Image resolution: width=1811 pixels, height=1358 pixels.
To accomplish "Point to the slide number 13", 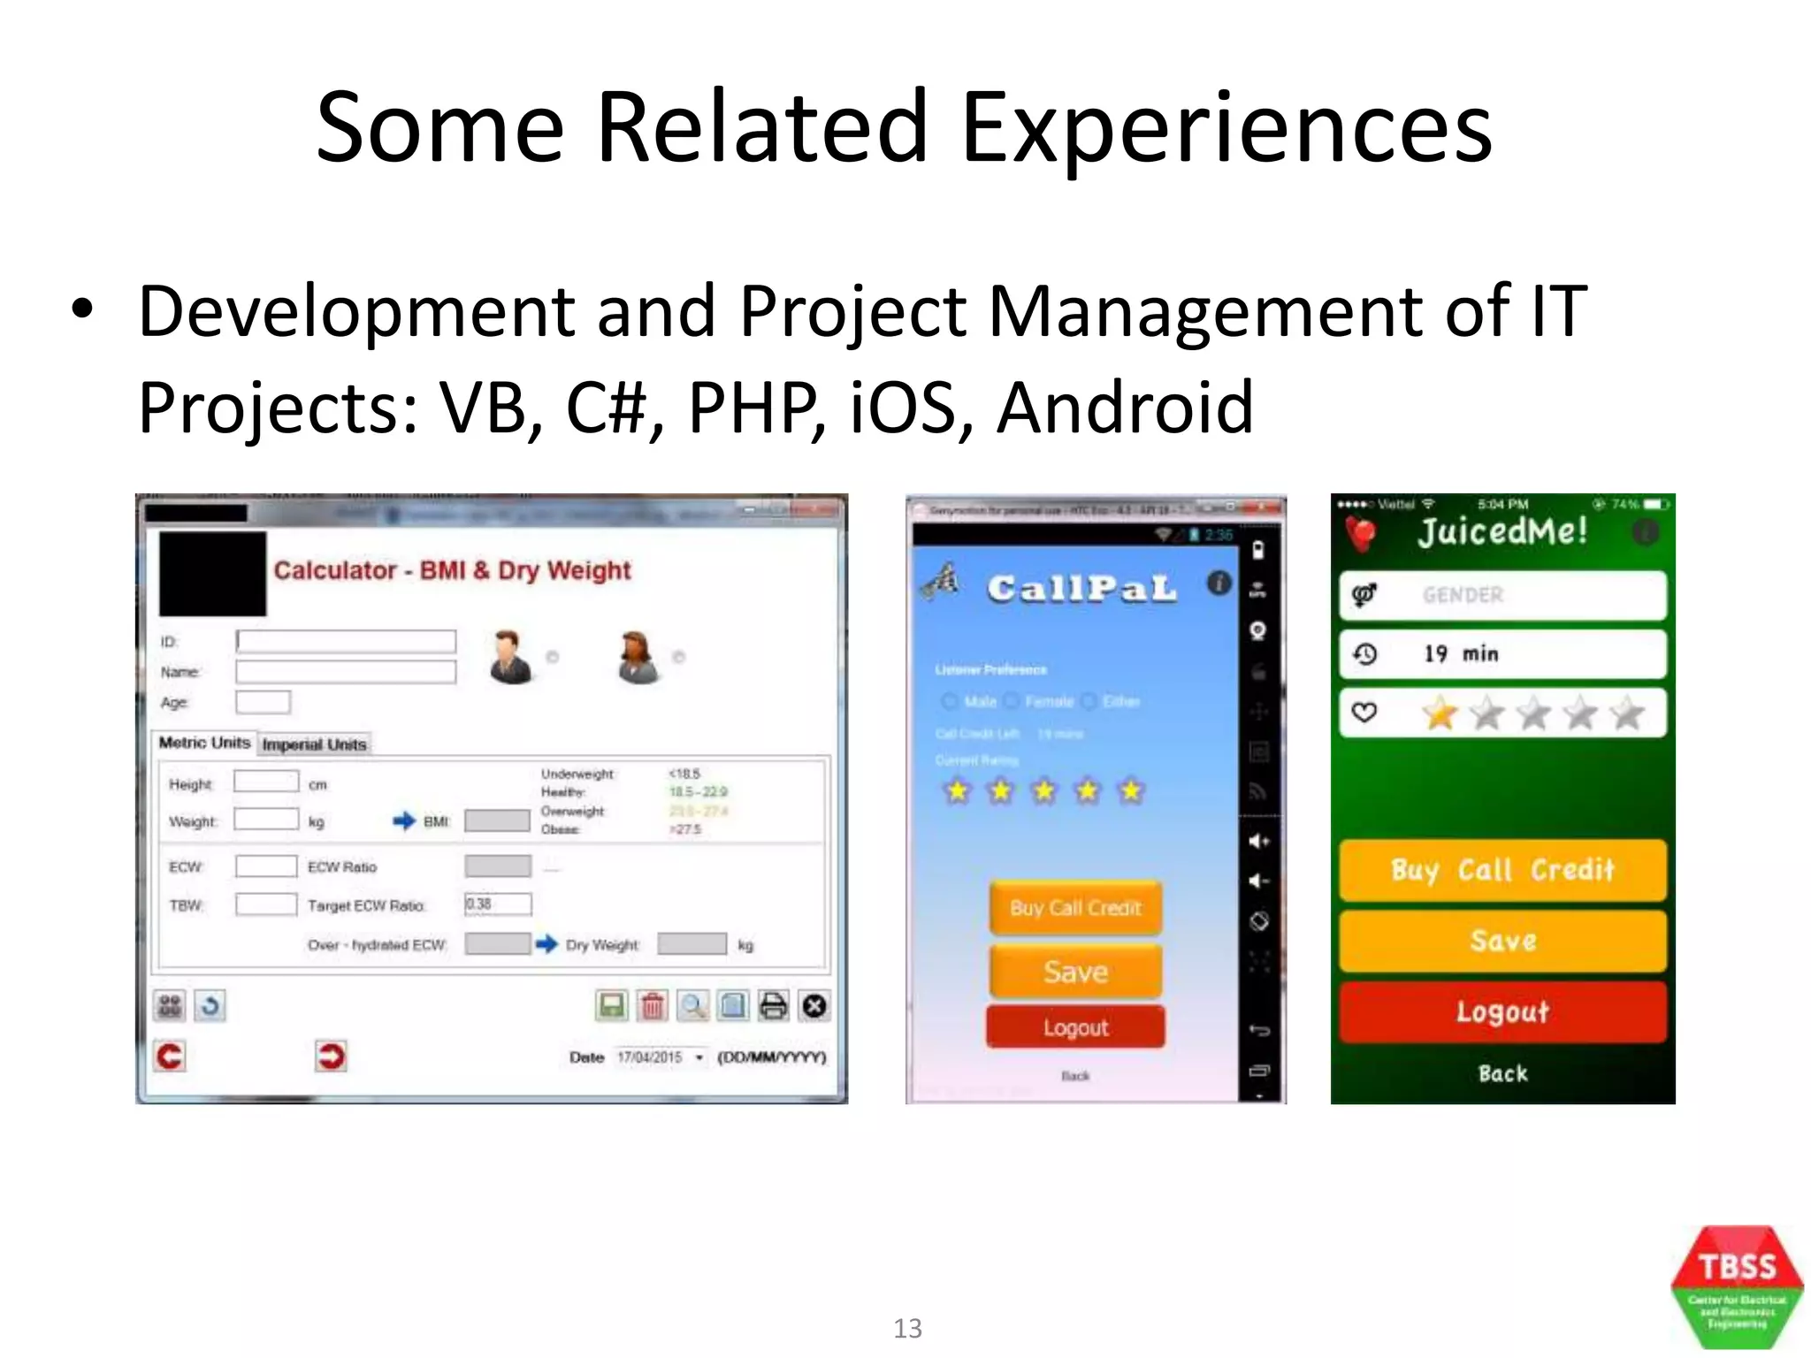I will pos(907,1328).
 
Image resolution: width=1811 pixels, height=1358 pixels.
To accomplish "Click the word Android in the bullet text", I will pos(1125,408).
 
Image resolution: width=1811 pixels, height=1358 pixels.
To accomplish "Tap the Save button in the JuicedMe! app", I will pos(1502,941).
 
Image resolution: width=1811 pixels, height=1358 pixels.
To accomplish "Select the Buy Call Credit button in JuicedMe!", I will pos(1502,870).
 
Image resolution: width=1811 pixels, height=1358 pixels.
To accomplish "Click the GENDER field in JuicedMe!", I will pos(1502,595).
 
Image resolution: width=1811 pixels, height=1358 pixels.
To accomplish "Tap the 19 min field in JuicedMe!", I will pos(1502,654).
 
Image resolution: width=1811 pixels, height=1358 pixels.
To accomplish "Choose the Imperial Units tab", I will pos(314,744).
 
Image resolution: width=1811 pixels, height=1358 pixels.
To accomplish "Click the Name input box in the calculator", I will pos(346,672).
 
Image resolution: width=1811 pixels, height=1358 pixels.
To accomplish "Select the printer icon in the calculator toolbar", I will pos(773,1006).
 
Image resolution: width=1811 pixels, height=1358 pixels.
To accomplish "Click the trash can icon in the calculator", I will pos(653,1006).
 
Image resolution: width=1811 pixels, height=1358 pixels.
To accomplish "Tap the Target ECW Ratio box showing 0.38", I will pos(498,904).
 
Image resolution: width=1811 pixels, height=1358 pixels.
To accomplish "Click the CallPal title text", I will pos(1081,589).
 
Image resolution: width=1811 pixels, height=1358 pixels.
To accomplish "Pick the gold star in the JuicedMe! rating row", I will pos(1440,713).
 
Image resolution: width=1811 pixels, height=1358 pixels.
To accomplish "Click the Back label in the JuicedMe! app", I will pos(1502,1073).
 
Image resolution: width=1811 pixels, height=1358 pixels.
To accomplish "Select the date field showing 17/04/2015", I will pos(659,1057).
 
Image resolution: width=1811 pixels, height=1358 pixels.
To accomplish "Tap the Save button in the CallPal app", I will pos(1075,972).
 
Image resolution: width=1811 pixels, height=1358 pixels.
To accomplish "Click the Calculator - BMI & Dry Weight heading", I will pos(452,570).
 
